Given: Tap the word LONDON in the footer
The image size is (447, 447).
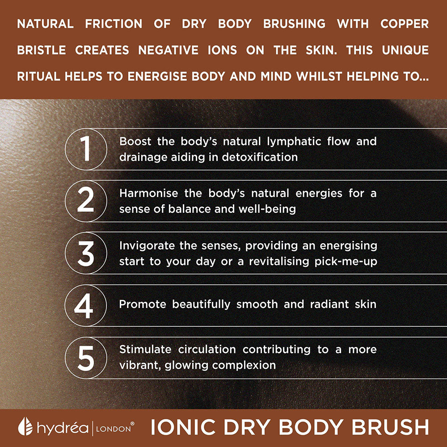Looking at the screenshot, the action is point(114,429).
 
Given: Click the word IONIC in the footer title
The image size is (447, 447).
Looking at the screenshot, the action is point(183,427).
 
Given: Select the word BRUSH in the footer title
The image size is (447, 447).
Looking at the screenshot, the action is point(390,427).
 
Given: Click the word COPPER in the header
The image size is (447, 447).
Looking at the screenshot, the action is point(405,24).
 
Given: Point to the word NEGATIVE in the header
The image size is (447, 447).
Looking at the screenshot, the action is point(168,50).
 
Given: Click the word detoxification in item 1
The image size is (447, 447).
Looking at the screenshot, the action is point(260,157).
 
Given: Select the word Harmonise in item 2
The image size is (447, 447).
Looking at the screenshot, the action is point(148,193).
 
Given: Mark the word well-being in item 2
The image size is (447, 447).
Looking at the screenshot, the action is point(267,209).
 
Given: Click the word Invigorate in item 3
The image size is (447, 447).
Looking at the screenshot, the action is point(147,246).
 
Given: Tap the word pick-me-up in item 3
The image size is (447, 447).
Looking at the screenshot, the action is point(346,261).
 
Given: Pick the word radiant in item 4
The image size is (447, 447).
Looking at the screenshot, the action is point(329,304).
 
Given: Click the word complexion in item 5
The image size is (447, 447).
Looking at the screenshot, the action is point(244,366).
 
